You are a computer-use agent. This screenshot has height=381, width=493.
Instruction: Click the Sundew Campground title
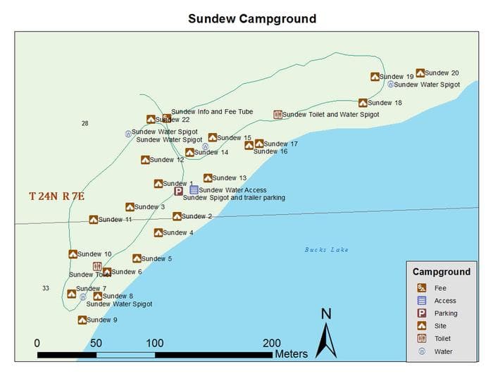click(x=251, y=18)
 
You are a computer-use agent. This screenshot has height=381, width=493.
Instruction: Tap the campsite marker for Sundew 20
click(x=420, y=73)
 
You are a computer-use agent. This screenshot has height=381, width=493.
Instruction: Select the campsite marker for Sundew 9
click(x=82, y=320)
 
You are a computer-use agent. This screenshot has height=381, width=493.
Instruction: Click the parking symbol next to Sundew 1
click(x=179, y=190)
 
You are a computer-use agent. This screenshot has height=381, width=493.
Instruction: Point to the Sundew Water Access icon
click(x=194, y=190)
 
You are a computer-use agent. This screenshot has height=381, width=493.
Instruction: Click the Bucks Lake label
click(x=326, y=250)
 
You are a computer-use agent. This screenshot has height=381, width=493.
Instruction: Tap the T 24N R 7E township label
click(x=56, y=196)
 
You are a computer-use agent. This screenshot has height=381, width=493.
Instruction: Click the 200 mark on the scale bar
click(x=272, y=343)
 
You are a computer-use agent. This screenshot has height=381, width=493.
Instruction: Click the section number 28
click(x=85, y=124)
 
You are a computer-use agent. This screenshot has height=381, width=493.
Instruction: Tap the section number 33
click(x=46, y=288)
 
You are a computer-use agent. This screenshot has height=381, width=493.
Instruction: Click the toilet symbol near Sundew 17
click(x=277, y=114)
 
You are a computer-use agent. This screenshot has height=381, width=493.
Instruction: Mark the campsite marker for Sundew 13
click(x=208, y=178)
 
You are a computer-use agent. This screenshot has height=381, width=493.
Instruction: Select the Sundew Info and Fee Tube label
click(x=212, y=112)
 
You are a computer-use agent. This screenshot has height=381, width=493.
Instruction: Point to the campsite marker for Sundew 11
click(x=94, y=220)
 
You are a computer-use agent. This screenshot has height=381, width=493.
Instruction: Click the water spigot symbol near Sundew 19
click(x=389, y=84)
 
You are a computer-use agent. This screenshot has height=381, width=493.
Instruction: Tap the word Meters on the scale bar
click(x=292, y=354)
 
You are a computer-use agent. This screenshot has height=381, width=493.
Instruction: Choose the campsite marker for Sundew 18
click(x=363, y=103)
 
